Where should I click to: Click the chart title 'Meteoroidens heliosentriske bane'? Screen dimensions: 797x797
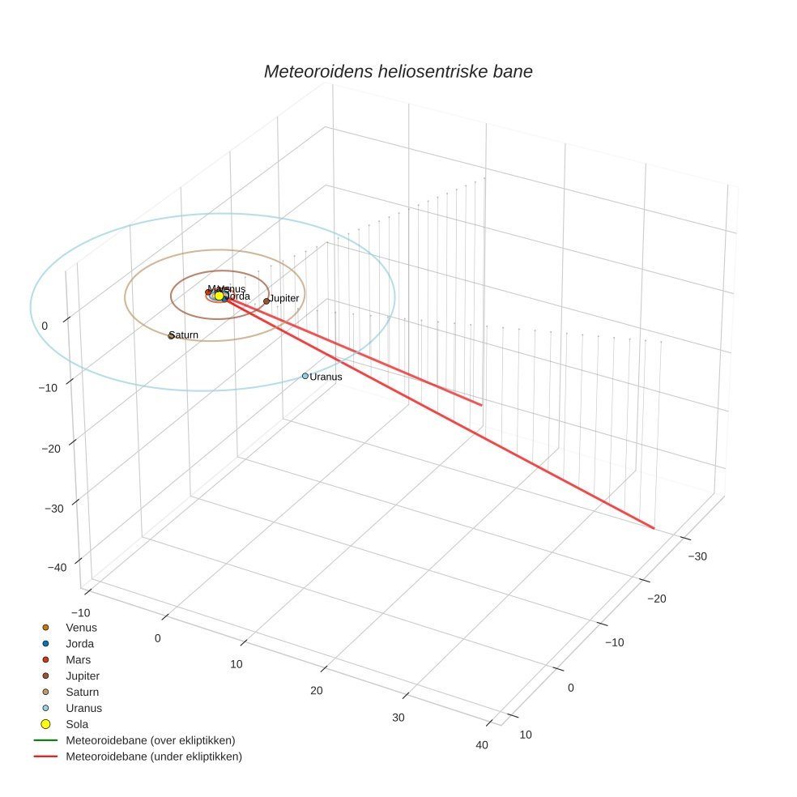tap(398, 71)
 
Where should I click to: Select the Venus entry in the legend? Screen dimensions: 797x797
tap(81, 627)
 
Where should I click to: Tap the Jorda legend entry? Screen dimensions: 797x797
tap(79, 643)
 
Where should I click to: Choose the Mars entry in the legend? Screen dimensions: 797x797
tap(79, 659)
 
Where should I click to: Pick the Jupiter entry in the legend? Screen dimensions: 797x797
tap(83, 676)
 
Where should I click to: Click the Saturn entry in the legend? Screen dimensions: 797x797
tap(82, 692)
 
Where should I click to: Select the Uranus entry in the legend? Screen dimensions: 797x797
tap(83, 708)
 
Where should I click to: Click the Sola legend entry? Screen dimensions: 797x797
tap(77, 724)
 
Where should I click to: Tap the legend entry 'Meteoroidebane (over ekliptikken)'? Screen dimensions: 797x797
tap(150, 740)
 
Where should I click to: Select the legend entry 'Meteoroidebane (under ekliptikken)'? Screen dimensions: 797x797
tap(153, 757)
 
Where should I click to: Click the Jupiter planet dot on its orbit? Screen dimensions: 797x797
tap(266, 301)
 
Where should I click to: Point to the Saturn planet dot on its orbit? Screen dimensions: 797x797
tap(171, 335)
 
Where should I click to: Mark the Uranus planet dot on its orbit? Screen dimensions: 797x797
tap(305, 376)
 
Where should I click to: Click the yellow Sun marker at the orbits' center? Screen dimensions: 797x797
tap(219, 296)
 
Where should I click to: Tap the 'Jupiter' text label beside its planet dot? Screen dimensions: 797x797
tap(284, 299)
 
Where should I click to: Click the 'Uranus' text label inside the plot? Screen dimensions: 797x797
tap(326, 377)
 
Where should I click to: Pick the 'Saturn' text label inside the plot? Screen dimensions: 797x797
tap(185, 335)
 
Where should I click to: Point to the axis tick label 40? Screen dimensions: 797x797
tap(483, 745)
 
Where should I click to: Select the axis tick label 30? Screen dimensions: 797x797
tap(398, 718)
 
